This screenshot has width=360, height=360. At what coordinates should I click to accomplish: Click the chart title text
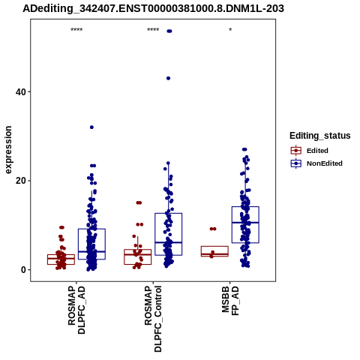click(153, 9)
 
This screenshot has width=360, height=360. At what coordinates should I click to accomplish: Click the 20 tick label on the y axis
click(21, 181)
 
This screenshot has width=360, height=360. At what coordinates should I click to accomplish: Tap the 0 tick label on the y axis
click(23, 270)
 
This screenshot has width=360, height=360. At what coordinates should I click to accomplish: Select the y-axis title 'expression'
click(8, 150)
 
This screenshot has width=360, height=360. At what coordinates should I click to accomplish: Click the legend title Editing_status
click(320, 136)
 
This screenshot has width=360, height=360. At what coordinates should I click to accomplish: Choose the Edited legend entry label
click(317, 151)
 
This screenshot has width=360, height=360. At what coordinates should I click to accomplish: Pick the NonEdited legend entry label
click(325, 163)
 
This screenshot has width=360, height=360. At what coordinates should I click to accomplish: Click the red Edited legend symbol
click(296, 151)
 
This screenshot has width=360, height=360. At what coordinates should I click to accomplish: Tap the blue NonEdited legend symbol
click(296, 163)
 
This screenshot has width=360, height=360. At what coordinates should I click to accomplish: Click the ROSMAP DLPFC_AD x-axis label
click(76, 310)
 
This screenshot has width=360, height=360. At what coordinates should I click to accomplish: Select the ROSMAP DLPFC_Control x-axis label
click(153, 319)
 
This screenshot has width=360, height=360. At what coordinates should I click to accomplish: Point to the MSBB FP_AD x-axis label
click(230, 301)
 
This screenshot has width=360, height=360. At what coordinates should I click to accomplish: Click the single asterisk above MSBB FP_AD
click(230, 30)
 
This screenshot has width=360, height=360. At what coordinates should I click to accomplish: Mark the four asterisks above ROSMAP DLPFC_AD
click(76, 30)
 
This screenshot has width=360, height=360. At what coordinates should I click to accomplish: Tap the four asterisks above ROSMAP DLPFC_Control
click(153, 30)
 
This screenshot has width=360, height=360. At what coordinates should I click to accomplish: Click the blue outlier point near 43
click(168, 78)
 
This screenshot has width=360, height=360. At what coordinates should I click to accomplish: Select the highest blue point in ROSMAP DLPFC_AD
click(91, 127)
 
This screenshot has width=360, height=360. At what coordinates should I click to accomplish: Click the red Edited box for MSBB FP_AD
click(214, 251)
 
